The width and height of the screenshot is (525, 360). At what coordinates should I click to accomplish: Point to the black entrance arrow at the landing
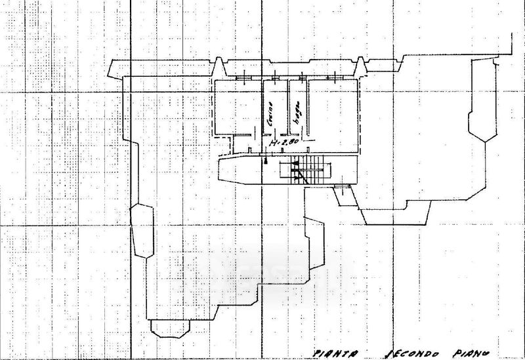(266, 159)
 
